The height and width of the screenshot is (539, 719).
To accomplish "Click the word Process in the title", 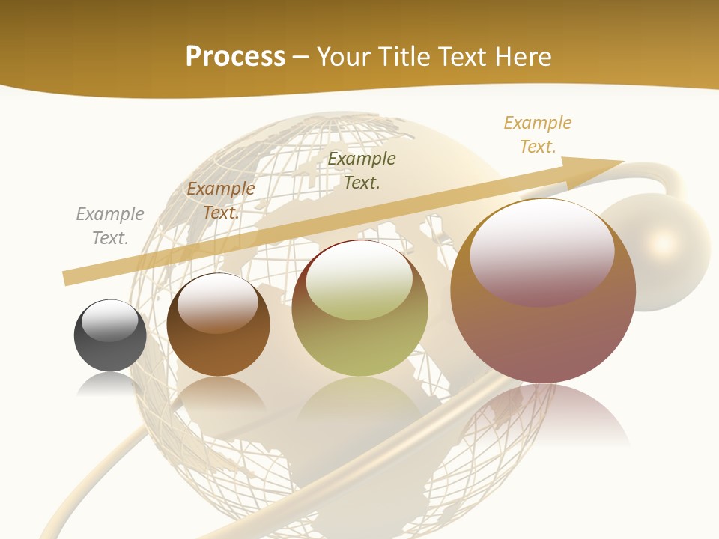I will point(235,56).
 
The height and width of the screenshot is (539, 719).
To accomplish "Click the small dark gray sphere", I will point(110,336).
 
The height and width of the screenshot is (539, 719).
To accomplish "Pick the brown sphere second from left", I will point(218,325).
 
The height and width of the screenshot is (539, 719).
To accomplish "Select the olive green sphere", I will point(359,308).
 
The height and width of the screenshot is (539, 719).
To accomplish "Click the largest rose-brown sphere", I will point(543,292).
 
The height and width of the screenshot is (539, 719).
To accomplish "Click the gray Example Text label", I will point(110,226).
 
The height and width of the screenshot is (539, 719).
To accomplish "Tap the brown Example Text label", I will point(221,201).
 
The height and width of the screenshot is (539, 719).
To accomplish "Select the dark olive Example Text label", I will point(362,170).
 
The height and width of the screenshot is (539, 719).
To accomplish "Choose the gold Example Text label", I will point(538,135).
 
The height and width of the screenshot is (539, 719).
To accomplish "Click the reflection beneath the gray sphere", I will point(110,383).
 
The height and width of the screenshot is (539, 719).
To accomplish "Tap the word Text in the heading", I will point(461,56).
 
